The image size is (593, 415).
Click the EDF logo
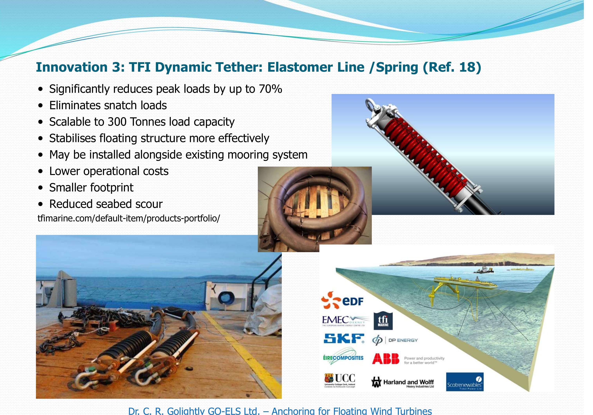[x=342, y=300]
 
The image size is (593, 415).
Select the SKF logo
[x=344, y=338]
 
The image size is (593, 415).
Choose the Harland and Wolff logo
[x=403, y=383]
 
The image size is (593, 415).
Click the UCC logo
[x=340, y=380]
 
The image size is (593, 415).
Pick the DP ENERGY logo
[x=395, y=340]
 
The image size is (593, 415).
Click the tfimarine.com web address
[x=129, y=218]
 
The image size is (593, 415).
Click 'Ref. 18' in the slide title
[x=452, y=67]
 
